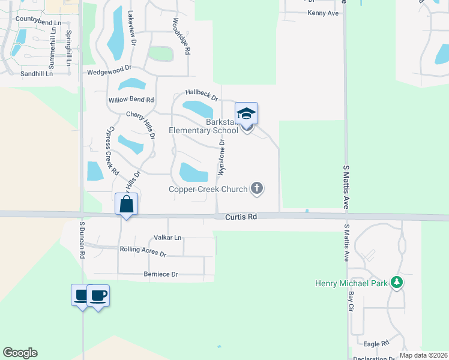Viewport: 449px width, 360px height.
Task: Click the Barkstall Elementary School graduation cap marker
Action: [x=246, y=113]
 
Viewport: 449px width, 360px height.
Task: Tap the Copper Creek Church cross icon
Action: [x=257, y=189]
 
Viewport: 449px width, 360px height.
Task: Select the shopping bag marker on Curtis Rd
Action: [x=126, y=204]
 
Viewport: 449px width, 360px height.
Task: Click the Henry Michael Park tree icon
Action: [x=396, y=282]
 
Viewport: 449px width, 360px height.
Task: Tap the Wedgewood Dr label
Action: [x=109, y=72]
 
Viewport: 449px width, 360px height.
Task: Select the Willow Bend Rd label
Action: [x=131, y=100]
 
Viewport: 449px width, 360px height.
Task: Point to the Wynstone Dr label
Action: [x=221, y=157]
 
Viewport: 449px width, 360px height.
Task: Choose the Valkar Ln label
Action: [x=167, y=238]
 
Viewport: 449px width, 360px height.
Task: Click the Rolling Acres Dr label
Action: [x=143, y=251]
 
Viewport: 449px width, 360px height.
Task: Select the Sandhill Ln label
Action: [x=37, y=74]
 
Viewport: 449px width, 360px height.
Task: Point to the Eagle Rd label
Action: [x=376, y=343]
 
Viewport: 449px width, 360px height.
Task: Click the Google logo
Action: [x=20, y=353]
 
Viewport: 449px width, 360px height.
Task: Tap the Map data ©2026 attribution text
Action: [x=423, y=355]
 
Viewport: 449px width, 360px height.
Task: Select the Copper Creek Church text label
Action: [x=208, y=190]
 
